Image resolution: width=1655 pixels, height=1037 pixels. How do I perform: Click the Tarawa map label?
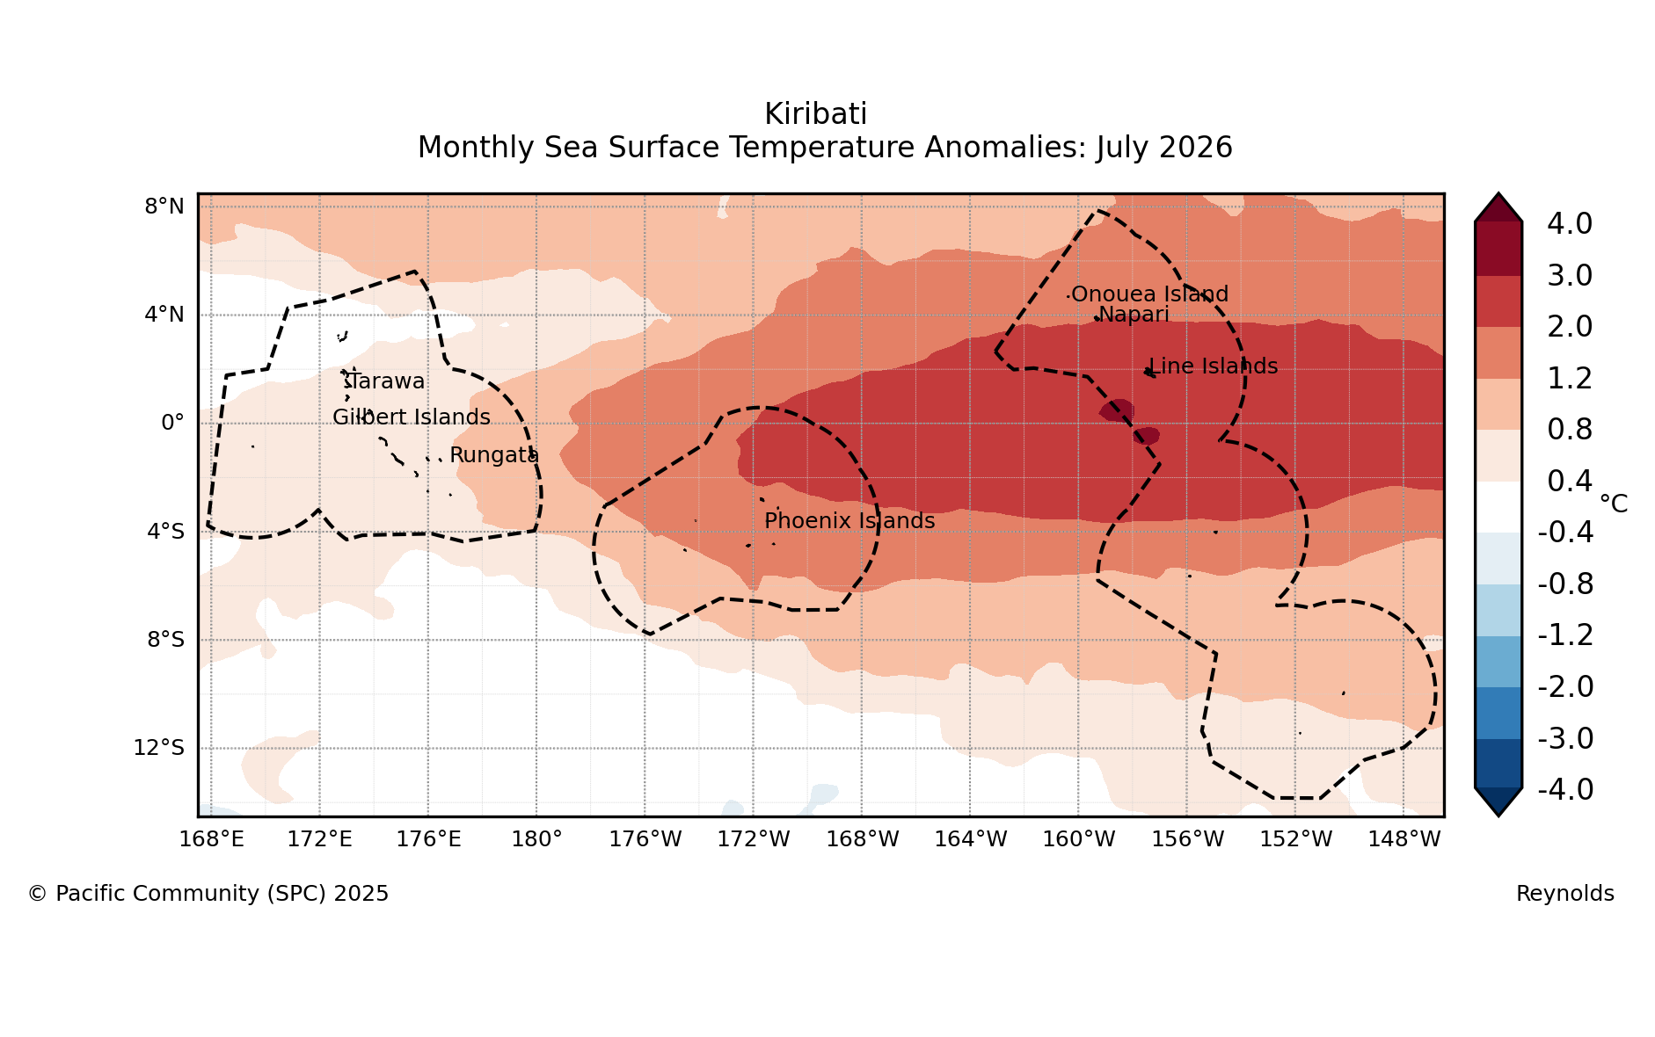pos(384,381)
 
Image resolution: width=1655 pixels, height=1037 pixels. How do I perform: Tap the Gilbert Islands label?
pos(412,417)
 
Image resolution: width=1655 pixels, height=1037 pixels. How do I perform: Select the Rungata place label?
pos(494,455)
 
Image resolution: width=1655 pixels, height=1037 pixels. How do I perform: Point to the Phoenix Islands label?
pos(849,521)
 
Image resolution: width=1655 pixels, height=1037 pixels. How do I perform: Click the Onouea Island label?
pos(1149,294)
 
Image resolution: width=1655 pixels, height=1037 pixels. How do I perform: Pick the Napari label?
pos(1134,315)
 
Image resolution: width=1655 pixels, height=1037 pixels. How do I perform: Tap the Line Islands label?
pos(1214,366)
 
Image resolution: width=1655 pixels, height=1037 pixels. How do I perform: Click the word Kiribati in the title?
pos(815,114)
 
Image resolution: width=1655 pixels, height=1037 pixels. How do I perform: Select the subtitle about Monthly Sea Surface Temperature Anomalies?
pos(825,148)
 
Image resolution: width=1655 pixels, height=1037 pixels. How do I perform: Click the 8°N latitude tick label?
pos(164,207)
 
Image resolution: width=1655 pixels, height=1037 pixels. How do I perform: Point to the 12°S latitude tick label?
pos(158,748)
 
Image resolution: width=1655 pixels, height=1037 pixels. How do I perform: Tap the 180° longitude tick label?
pos(536,839)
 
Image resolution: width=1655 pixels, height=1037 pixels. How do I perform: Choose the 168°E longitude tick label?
pos(211,839)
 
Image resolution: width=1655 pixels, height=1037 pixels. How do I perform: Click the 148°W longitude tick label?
pos(1404,839)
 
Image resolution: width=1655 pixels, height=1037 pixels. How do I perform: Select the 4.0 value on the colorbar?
pos(1570,223)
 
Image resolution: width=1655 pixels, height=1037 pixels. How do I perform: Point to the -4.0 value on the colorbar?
pos(1565,789)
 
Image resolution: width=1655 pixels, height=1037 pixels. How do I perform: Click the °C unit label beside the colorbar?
pos(1613,504)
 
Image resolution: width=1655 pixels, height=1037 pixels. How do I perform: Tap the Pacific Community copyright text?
pos(208,894)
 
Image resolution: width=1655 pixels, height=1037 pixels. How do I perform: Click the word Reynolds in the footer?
pos(1564,894)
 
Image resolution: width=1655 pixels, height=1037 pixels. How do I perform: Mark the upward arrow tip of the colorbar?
pos(1498,194)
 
